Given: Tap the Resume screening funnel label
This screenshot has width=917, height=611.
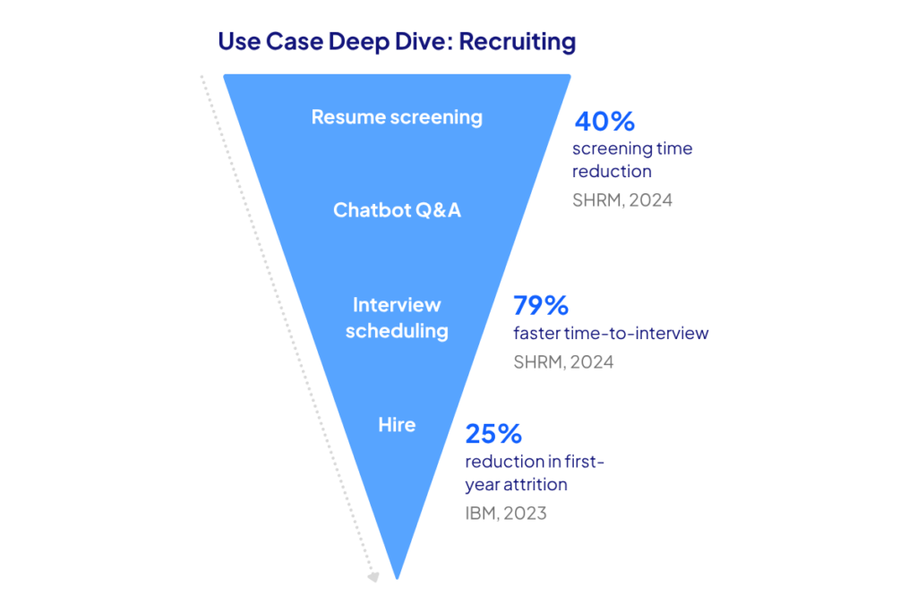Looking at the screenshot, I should point(397,117).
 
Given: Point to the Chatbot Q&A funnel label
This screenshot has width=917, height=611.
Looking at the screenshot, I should point(397,210).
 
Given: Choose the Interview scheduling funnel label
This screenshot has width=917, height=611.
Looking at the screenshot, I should point(397,318).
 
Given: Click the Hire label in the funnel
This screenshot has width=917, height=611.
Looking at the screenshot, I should point(397,424).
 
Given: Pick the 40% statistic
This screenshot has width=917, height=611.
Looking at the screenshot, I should point(604,122).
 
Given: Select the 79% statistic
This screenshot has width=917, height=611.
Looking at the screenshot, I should point(541,306).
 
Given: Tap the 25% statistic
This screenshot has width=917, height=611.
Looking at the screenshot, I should point(493,435).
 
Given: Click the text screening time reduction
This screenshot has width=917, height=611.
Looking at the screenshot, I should point(631,159).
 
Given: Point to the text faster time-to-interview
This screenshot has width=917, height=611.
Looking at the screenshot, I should point(611,334).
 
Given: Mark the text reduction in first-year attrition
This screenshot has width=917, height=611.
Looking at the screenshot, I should point(535,473).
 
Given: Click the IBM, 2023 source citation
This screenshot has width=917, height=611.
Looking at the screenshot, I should point(505,513).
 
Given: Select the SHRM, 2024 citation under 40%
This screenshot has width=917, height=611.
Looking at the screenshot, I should point(621,199).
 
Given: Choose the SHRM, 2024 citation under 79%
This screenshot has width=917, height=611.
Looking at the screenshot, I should point(563,362).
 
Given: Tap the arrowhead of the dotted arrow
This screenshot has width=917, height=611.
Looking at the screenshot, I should point(374,577).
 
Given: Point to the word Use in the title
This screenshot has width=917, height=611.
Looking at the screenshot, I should point(239,41).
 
